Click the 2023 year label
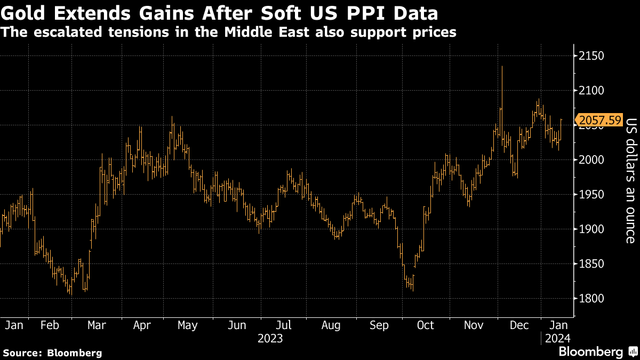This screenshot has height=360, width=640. (270, 338)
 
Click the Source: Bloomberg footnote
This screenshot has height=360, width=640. (52, 353)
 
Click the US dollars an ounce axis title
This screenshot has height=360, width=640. (630, 180)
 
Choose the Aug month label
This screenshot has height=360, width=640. (331, 325)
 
